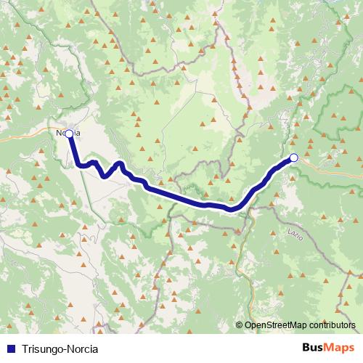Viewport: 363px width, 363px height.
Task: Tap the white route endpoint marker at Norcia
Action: click(69, 134)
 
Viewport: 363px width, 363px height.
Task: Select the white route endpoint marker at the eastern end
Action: click(293, 158)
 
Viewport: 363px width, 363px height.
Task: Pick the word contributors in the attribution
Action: click(334, 325)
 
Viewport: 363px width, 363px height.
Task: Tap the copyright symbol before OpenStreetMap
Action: click(240, 325)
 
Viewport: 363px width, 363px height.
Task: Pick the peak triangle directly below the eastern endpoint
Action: click(294, 180)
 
